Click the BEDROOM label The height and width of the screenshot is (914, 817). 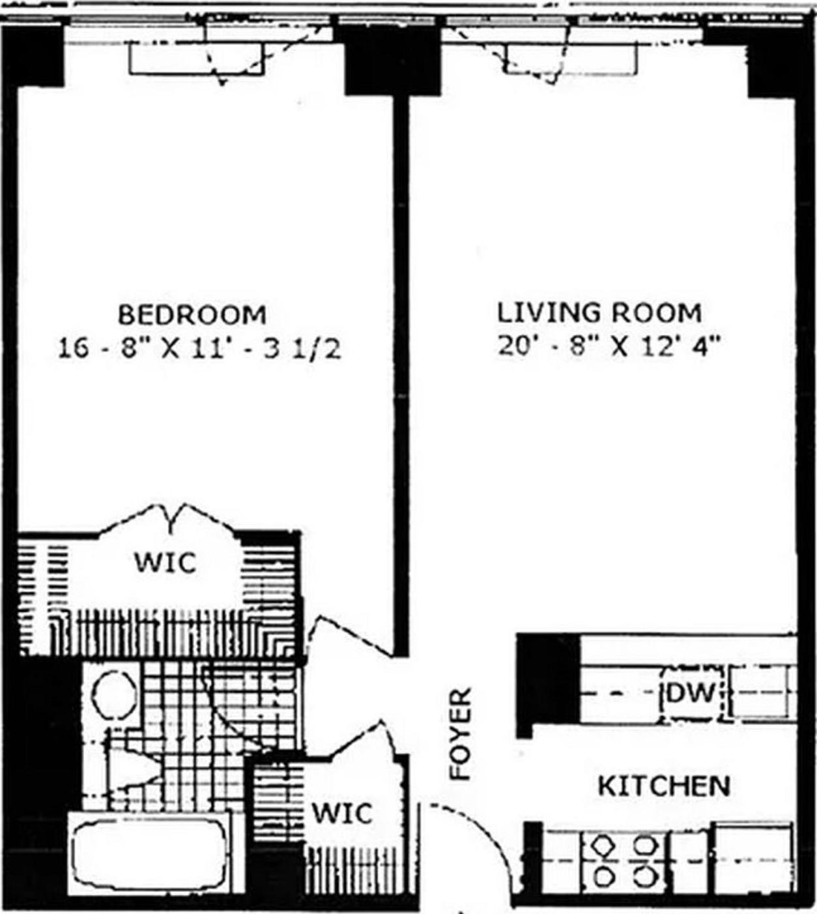point(192,316)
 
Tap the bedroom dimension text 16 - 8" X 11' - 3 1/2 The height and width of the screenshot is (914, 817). point(199,348)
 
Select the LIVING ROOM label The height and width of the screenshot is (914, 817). point(599,313)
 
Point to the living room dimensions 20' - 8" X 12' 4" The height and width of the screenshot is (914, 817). point(609,346)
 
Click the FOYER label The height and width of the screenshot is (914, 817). point(461,734)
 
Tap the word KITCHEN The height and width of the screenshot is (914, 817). point(664,786)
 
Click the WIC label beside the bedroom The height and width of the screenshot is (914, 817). point(165,562)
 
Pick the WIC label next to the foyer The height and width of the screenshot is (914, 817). point(342,813)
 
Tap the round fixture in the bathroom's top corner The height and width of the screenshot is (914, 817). point(114,695)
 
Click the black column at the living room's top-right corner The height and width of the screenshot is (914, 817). point(773,65)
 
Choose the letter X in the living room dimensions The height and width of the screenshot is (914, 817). point(620,346)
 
